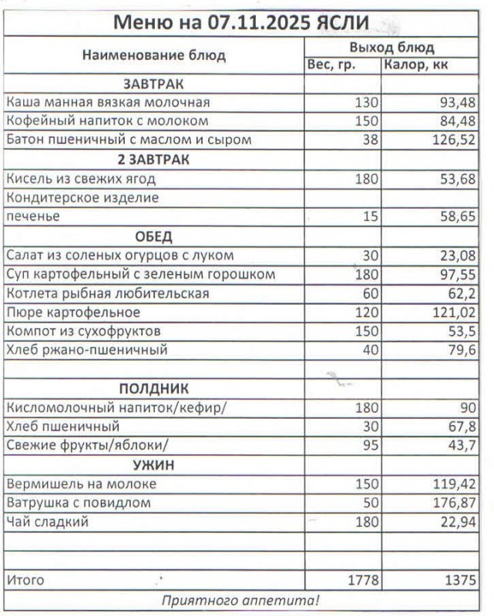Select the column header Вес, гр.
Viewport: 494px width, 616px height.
331,65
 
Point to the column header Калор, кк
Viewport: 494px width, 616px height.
415,65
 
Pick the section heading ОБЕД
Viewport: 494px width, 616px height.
154,236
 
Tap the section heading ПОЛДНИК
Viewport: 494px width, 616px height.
153,389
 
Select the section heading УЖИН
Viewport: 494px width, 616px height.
154,465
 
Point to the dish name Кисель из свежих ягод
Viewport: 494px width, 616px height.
81,179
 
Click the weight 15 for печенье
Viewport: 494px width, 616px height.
370,217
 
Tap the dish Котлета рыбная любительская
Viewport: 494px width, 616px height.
107,293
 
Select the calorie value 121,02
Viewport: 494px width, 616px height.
453,313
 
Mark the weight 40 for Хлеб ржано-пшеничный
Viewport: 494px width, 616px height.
370,350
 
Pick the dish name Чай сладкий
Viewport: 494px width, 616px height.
47,522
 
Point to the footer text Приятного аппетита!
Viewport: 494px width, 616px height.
240,600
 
